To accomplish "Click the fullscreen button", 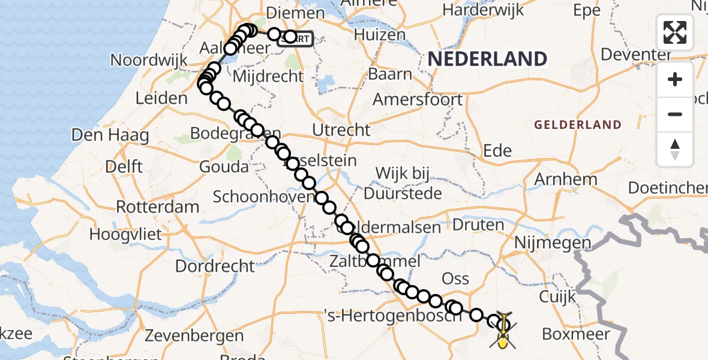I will click(675, 32).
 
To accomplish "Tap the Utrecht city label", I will click(341, 130).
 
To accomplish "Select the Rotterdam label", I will click(157, 207).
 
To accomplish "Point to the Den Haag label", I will click(110, 135).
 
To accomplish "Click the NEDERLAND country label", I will click(487, 59).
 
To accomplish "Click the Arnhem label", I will click(566, 179).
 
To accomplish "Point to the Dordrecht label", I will click(215, 265).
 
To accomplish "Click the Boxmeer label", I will click(575, 334).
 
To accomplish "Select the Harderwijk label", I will click(482, 10).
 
